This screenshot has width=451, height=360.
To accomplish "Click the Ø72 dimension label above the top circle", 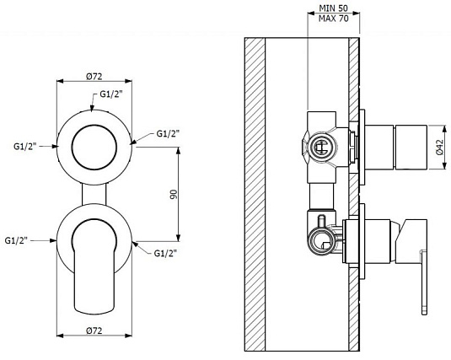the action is coord(94,76).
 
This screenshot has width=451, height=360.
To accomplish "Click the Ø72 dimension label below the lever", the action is coord(94,330).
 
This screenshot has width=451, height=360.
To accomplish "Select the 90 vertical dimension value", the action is coord(174,194).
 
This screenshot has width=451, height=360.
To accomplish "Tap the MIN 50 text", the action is coord(333,8).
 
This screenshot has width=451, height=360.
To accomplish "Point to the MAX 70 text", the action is coord(333,19).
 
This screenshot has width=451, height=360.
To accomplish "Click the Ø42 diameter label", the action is coord(440,148).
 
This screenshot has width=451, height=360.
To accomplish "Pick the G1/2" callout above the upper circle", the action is coord(111,94).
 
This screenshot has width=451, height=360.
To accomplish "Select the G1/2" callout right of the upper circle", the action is coord(168,133).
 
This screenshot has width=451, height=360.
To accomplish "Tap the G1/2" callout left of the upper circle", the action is coord(25,147).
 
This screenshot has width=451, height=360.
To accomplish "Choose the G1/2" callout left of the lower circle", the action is coord(16,240).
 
